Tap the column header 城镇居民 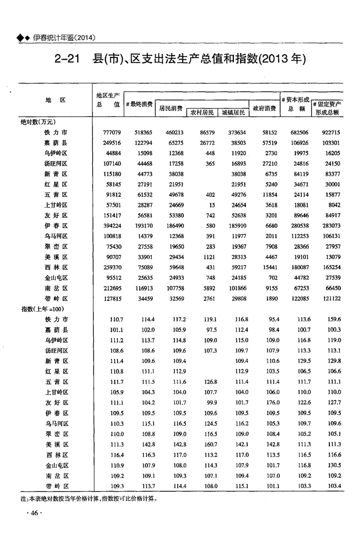tap(233, 113)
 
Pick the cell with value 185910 tap(235, 226)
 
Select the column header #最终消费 tap(139, 104)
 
